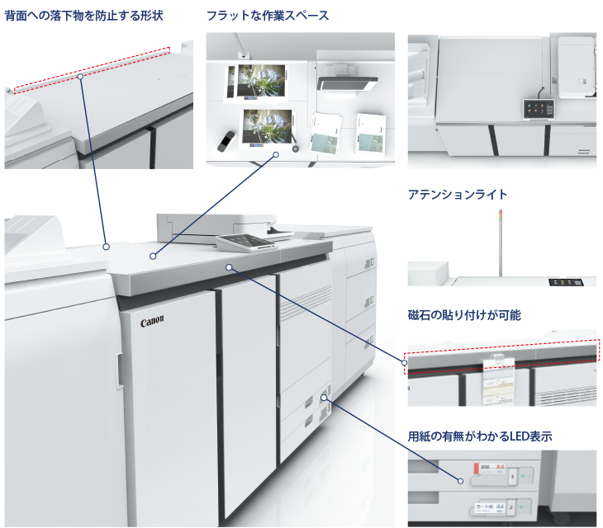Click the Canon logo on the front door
(x=153, y=321)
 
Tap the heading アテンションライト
(x=458, y=195)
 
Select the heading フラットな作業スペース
(x=268, y=16)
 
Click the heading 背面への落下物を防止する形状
(x=83, y=16)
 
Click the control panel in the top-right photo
(x=537, y=108)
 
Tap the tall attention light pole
(x=499, y=243)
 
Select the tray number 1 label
(x=514, y=476)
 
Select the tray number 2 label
(x=514, y=505)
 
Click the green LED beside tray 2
(x=525, y=505)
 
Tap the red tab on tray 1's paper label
(x=476, y=467)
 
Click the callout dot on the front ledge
(x=229, y=266)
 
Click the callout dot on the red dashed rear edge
(x=81, y=76)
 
